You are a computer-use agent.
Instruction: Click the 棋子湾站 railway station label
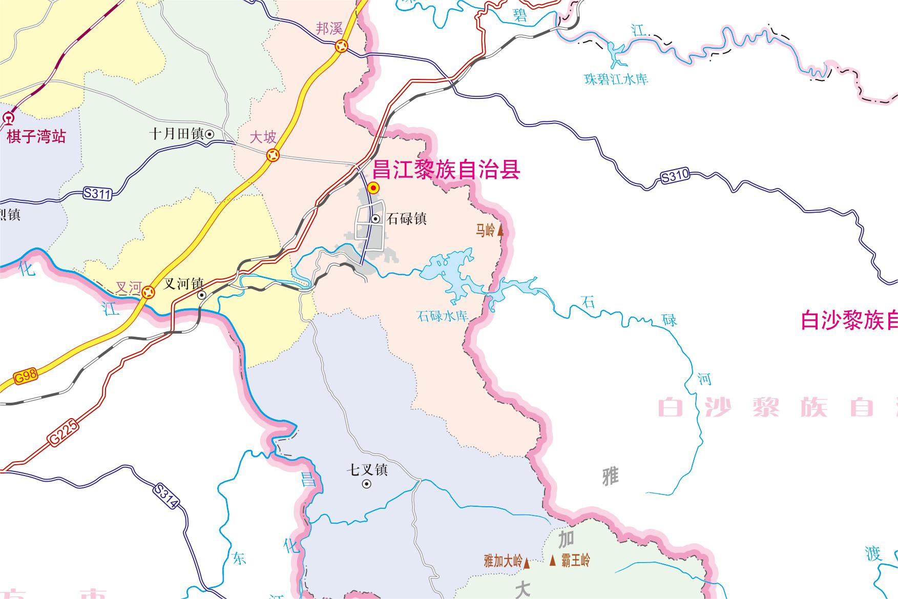pos(36,136)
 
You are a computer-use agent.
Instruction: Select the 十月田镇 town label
pos(177,134)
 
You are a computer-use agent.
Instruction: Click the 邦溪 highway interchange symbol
pos(341,47)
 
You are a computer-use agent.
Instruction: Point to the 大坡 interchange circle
pos(273,155)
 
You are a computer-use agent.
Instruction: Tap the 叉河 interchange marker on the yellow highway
pos(149,292)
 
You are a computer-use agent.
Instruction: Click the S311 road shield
pos(97,194)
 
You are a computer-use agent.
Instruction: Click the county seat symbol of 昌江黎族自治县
pos(374,188)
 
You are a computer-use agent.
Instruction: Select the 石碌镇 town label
pos(407,219)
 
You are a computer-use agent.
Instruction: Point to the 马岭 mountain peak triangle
pos(500,231)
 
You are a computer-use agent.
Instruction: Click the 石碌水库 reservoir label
pos(443,316)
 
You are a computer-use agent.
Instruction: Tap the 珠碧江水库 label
pos(616,79)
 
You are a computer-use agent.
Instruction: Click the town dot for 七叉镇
pos(367,484)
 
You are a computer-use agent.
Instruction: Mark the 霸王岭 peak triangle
pos(552,561)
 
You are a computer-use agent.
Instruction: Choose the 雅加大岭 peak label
pos(503,561)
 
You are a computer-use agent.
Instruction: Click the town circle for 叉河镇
pos(202,295)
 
